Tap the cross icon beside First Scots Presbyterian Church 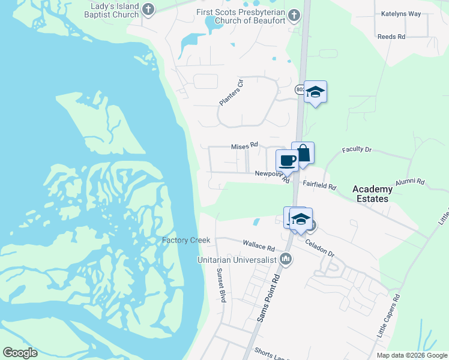click(294, 14)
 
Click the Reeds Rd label click(391, 37)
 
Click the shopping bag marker click(303, 153)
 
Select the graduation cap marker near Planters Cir click(315, 92)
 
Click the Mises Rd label click(244, 145)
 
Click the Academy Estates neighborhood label click(372, 194)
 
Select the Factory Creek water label click(186, 240)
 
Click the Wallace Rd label click(259, 246)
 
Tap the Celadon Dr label click(319, 249)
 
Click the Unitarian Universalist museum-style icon click(286, 259)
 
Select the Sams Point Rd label click(268, 298)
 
